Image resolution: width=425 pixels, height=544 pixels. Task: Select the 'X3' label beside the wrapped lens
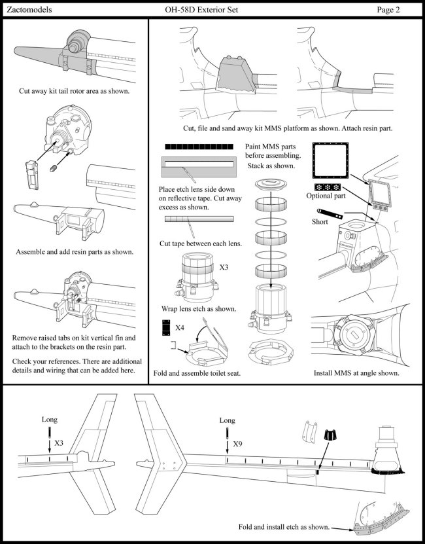tap(224, 268)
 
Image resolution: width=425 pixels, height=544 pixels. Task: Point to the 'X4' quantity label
tap(181, 325)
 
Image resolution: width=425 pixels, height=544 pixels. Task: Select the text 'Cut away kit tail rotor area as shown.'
tap(74, 92)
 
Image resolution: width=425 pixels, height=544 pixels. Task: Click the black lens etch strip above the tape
tap(200, 147)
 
